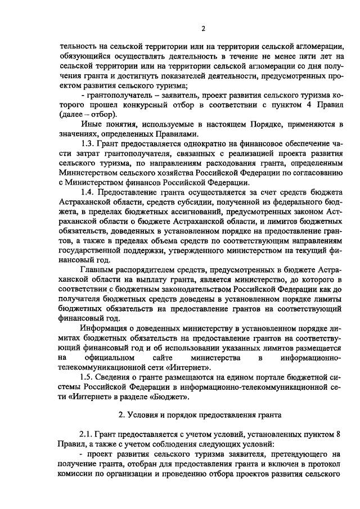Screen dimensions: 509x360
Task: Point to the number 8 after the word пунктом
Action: (338, 435)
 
